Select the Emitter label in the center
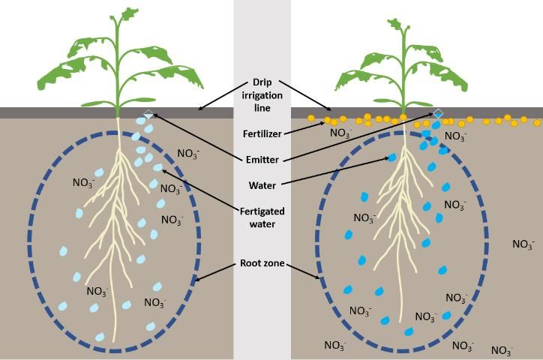(x=262, y=160)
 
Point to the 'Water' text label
(x=262, y=185)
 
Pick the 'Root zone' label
(x=262, y=263)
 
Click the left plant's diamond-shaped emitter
(x=148, y=114)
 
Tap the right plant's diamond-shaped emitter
(x=438, y=113)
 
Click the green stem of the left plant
(x=118, y=82)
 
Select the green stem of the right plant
(x=404, y=82)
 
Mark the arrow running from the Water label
(x=337, y=170)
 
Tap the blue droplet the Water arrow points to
(x=391, y=157)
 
